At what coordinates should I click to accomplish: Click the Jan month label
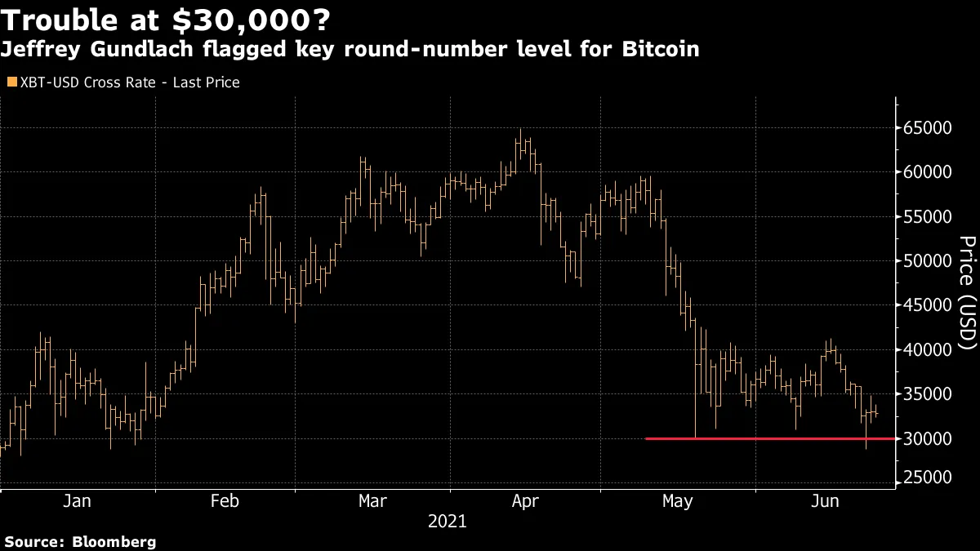pyautogui.click(x=77, y=501)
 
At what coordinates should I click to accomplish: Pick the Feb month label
pyautogui.click(x=225, y=501)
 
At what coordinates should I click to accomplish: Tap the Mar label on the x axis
pyautogui.click(x=373, y=501)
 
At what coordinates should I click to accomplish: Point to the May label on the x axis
pyautogui.click(x=677, y=501)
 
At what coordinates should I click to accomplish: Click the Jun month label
pyautogui.click(x=826, y=501)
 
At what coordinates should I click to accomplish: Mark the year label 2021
pyautogui.click(x=448, y=521)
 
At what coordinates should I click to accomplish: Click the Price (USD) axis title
pyautogui.click(x=967, y=294)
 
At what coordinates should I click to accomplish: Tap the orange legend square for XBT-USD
pyautogui.click(x=11, y=82)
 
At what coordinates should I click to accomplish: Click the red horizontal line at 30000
pyautogui.click(x=768, y=439)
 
